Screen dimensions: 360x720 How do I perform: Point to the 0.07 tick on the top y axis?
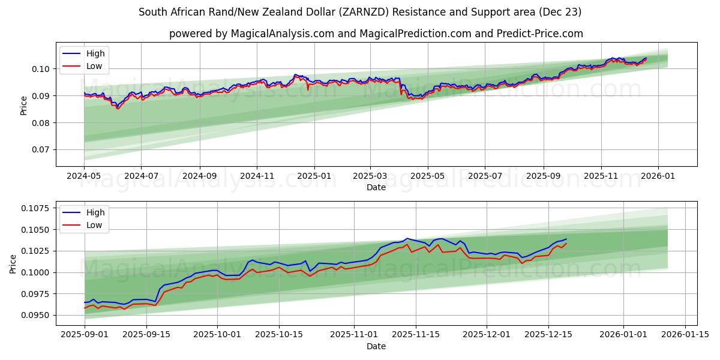(40, 150)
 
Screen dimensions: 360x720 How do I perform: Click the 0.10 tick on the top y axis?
(40, 69)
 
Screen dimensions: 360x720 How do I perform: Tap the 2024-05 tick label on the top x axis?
(84, 176)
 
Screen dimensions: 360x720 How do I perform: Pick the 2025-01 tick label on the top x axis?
(314, 176)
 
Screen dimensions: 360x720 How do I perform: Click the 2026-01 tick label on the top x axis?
(658, 176)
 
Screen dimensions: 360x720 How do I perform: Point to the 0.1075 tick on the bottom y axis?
(35, 208)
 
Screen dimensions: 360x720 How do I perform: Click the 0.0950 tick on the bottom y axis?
(35, 315)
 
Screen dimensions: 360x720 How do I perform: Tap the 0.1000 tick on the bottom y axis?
(35, 272)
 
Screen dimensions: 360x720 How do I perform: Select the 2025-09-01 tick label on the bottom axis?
(85, 335)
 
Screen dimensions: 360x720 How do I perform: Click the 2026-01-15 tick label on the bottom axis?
(685, 335)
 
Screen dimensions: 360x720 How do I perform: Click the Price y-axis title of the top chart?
(24, 105)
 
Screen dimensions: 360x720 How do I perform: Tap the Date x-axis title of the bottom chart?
(376, 346)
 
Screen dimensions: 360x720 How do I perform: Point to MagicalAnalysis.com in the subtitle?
(282, 34)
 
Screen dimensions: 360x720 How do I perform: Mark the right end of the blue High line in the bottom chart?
(566, 239)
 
